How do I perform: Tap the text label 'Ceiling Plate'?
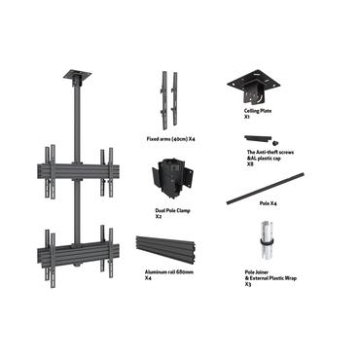tap(258, 111)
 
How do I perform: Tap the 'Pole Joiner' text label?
tap(257, 273)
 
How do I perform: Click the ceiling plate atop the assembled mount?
tap(77, 75)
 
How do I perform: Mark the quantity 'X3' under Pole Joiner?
tap(247, 285)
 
